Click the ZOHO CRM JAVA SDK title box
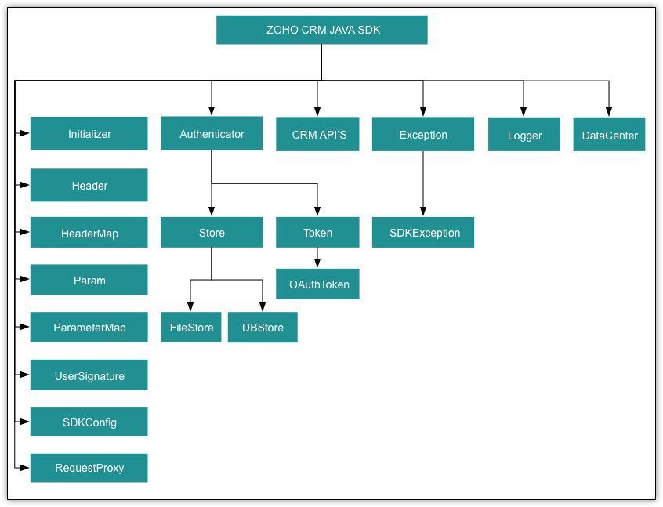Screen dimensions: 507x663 (321, 30)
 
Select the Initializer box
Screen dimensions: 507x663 (89, 134)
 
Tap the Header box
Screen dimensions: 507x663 (89, 186)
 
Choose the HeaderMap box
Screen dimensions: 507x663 (89, 234)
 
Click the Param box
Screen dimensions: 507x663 (89, 281)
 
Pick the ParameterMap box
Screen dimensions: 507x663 (89, 328)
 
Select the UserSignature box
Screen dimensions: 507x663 (89, 375)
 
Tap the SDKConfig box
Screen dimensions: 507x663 (89, 422)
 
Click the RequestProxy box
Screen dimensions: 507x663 (89, 468)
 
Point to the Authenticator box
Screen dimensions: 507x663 (212, 134)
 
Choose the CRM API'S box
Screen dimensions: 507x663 (318, 135)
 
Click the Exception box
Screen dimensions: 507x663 (423, 135)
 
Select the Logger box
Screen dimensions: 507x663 (524, 135)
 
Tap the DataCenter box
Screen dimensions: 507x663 (609, 135)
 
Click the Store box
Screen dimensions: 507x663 (212, 233)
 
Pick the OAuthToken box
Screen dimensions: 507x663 (317, 284)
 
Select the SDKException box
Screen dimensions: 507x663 (423, 233)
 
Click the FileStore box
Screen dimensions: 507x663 (191, 328)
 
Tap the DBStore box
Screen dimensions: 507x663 (263, 328)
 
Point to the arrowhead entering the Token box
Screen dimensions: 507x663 (317, 212)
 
